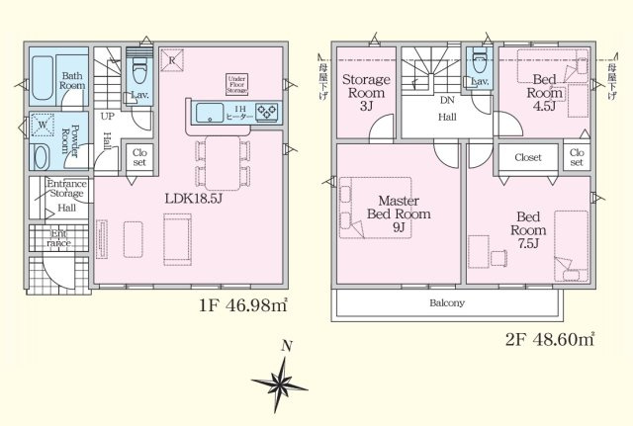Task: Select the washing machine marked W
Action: (x=42, y=126)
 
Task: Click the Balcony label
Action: (x=448, y=302)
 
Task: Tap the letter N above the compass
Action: (x=286, y=346)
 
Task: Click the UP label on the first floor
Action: (x=108, y=116)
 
